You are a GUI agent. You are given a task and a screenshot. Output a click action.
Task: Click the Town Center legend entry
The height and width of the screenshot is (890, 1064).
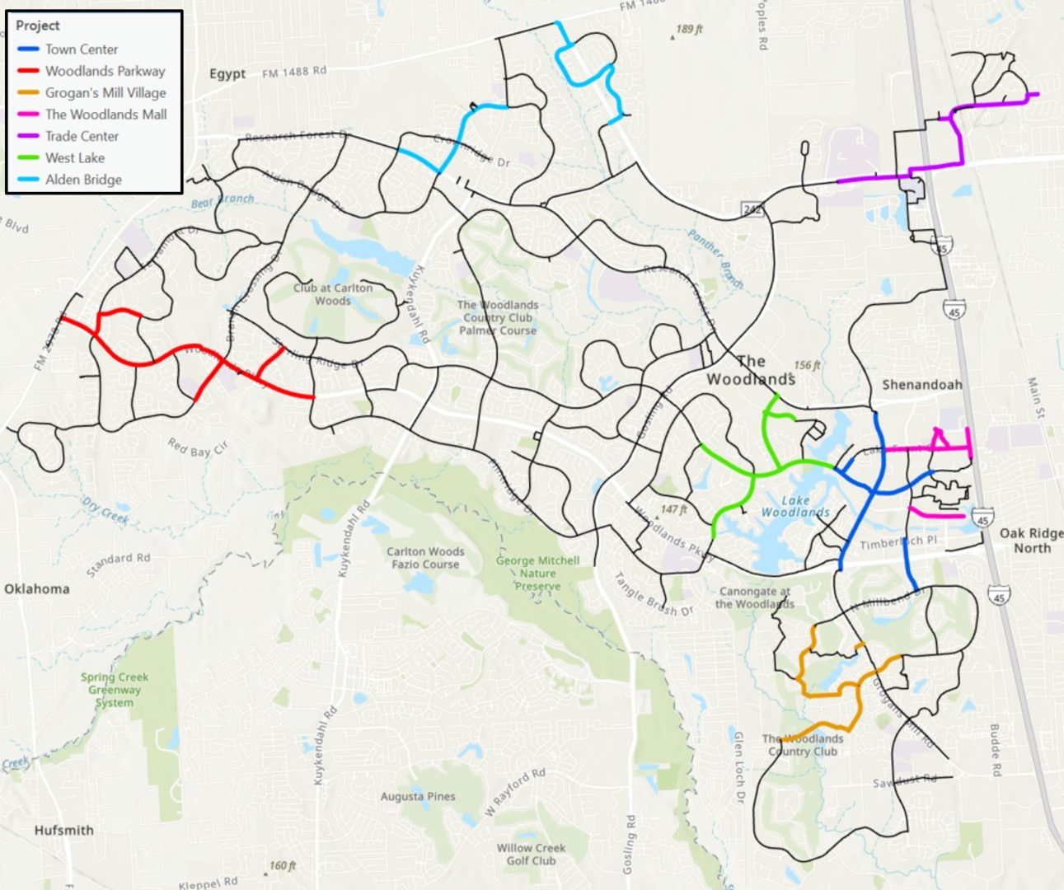(x=82, y=49)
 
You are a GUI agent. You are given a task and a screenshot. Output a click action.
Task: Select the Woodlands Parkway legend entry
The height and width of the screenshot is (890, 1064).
(x=105, y=71)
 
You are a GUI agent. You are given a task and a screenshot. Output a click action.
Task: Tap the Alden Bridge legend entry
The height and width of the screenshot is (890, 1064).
(x=83, y=180)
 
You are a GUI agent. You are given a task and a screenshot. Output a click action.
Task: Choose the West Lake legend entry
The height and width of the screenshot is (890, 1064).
(x=75, y=158)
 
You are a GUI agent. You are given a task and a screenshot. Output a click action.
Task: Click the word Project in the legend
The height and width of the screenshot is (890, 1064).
(x=38, y=26)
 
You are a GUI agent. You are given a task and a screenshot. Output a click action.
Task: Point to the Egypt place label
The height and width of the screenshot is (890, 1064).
(x=227, y=74)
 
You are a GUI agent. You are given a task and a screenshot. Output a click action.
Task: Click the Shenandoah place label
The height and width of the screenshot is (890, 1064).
(x=921, y=385)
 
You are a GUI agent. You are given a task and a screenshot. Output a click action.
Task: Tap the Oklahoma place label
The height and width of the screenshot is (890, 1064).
(x=37, y=589)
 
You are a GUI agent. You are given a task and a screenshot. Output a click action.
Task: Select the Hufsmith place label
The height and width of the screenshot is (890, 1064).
(x=63, y=831)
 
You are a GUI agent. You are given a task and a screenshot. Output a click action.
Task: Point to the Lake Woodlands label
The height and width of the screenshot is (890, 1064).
(x=794, y=506)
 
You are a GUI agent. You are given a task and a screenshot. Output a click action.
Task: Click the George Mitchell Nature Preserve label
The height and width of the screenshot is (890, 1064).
(x=537, y=574)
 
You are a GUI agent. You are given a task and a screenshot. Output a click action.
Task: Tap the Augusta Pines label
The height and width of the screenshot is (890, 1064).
(x=418, y=797)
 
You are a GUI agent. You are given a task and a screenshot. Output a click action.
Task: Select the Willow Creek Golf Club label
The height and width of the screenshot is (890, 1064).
(x=531, y=855)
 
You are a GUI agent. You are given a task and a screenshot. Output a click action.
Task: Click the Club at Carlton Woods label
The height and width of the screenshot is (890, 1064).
(x=333, y=294)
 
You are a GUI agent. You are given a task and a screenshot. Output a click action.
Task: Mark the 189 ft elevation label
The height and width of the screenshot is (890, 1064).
(x=689, y=30)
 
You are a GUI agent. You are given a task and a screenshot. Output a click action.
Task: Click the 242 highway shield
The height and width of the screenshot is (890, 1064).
(x=752, y=209)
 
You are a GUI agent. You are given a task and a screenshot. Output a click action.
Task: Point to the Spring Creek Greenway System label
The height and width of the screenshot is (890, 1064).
(x=115, y=690)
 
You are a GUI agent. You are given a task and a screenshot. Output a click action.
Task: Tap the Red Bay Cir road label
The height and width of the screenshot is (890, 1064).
(x=198, y=448)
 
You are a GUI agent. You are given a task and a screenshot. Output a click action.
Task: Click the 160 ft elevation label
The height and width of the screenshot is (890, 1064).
(x=282, y=866)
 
